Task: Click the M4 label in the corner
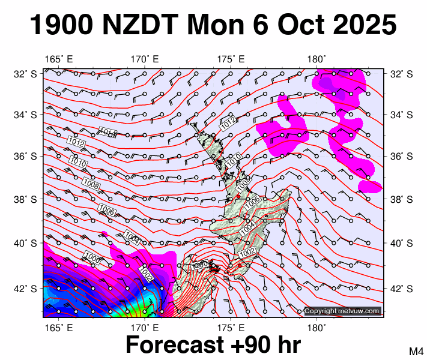click(417, 351)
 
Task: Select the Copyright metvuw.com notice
click(342, 311)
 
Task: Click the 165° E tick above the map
click(59, 59)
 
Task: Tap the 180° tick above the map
click(316, 59)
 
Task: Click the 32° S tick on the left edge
click(24, 74)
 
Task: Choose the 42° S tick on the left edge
click(24, 289)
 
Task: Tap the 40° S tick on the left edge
click(24, 243)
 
